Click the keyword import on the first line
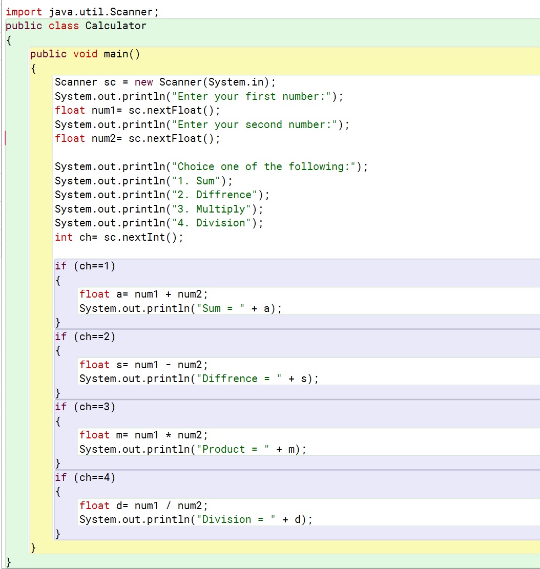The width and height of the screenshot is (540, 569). coord(24,11)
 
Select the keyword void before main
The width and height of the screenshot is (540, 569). coord(85,54)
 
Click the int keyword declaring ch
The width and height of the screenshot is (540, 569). coord(64,237)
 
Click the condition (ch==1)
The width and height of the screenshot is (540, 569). coord(95,265)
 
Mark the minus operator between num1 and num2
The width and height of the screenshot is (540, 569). coord(168,365)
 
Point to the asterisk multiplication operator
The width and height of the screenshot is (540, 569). coord(168,435)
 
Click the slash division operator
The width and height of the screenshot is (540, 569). coord(168,505)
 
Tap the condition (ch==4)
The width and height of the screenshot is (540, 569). coord(95,477)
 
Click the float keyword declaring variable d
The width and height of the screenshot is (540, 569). coord(94,505)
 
